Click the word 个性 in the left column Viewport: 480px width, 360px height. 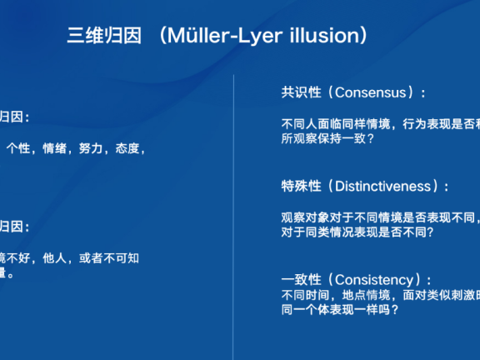click(x=17, y=148)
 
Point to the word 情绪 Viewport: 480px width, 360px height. click(x=53, y=148)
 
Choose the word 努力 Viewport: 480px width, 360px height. click(x=90, y=148)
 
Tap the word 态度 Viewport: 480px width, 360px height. click(x=126, y=148)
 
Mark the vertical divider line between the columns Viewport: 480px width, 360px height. click(x=233, y=208)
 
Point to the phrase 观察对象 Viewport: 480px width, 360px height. click(x=305, y=217)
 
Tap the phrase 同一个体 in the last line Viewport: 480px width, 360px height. click(x=305, y=310)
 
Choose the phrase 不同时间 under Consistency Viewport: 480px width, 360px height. click(x=305, y=295)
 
